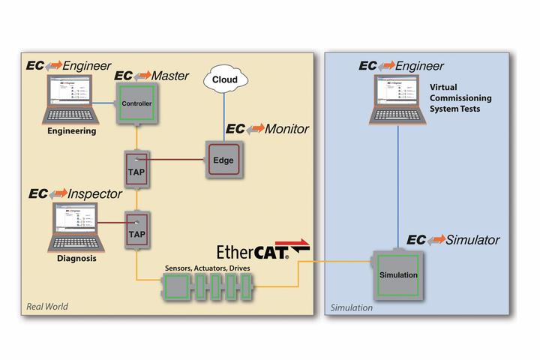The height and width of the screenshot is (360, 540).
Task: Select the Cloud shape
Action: [x=224, y=80]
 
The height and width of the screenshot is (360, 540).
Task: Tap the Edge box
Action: [x=223, y=160]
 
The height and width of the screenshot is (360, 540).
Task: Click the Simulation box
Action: [x=397, y=275]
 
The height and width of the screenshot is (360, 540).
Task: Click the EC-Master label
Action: [x=151, y=76]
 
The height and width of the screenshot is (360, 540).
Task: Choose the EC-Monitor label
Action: [x=267, y=128]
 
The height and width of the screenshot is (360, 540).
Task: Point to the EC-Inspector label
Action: [x=75, y=193]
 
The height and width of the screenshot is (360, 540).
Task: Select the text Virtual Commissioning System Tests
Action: [x=459, y=98]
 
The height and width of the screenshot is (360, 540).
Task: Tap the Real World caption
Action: [x=49, y=307]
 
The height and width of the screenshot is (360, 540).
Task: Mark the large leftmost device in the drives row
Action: [x=178, y=286]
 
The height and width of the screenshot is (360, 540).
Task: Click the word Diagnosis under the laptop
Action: [x=76, y=262]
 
